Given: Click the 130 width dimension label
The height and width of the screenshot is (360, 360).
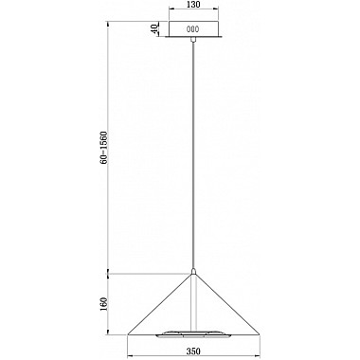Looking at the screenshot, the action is point(193,5).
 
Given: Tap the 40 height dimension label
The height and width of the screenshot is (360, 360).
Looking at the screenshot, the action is point(154,29).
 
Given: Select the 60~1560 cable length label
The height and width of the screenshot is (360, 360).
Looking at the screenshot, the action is point(104,147).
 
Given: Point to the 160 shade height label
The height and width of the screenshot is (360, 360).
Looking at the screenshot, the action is point(104,303).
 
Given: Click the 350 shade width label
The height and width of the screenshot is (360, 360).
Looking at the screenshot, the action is point(193,351).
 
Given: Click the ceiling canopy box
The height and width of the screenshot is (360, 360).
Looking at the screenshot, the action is point(193,29).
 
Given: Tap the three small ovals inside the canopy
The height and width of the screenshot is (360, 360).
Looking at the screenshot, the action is point(192,29).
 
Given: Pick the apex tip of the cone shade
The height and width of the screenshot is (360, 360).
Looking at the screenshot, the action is point(193,274).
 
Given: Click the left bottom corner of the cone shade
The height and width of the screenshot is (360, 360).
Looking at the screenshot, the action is point(128,334).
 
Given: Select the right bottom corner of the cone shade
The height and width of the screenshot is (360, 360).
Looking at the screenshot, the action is point(259,334).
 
